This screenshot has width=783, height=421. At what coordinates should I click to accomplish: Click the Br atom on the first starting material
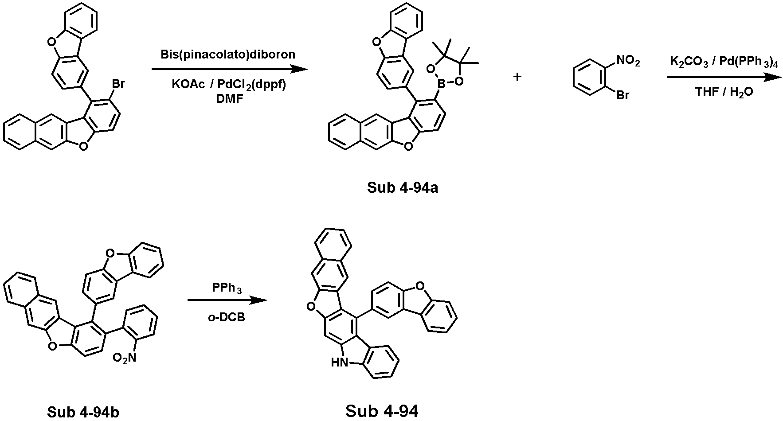coord(118,84)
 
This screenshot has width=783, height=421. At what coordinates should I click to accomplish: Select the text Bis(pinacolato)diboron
coord(228,55)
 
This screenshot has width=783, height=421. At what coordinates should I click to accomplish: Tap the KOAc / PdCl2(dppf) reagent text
coord(229,85)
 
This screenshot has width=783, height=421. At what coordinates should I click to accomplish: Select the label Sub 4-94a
coord(403,188)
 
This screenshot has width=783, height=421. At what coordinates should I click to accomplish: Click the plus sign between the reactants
coord(517,77)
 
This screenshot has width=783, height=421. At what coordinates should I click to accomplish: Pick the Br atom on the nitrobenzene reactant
coord(623,95)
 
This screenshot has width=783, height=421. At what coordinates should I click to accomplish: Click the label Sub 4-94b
coord(83,412)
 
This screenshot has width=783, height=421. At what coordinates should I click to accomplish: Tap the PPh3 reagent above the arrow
coord(227,288)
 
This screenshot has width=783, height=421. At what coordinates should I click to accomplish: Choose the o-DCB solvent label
coord(227,317)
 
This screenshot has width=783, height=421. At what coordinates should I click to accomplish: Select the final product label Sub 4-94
coord(382,411)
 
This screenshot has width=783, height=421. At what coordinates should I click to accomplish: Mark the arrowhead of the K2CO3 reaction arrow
coord(774,78)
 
